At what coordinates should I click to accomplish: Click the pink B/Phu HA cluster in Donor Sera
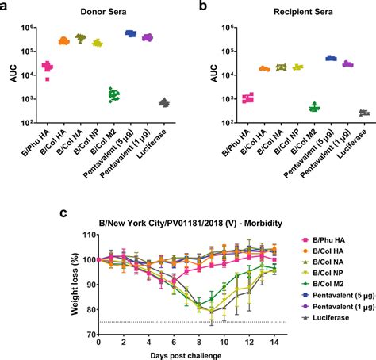(x=48, y=67)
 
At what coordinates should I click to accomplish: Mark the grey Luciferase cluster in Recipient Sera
(x=363, y=113)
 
